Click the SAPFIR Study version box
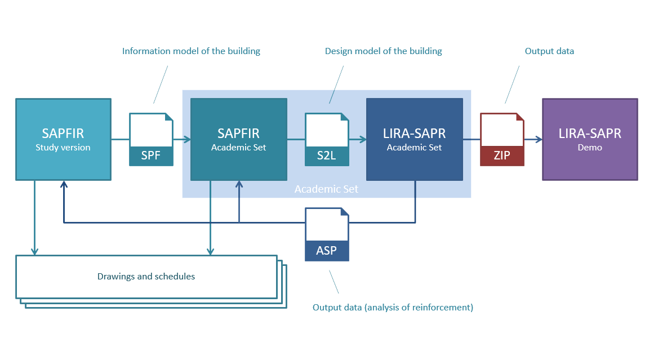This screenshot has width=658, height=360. point(63,139)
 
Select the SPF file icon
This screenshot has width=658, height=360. point(151,140)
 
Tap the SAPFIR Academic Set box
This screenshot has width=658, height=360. point(238,139)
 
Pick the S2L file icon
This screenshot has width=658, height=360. point(327,140)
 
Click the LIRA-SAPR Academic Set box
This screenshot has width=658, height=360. point(414,139)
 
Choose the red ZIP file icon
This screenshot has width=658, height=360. point(502,140)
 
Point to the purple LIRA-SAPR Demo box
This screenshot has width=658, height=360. point(590,139)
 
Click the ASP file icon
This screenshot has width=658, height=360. point(327,234)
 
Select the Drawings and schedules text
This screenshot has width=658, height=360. point(146,277)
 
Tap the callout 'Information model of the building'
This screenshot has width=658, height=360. point(191,51)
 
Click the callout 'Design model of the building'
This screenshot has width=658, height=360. point(383,51)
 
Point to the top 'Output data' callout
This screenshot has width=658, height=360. point(549,51)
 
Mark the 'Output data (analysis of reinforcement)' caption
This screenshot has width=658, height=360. point(393,308)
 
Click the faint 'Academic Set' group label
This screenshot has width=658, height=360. point(326,189)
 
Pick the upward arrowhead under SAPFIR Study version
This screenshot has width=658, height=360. point(64,185)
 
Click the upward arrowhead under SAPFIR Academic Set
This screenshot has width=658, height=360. point(239,185)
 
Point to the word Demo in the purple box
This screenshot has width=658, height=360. point(590,148)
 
